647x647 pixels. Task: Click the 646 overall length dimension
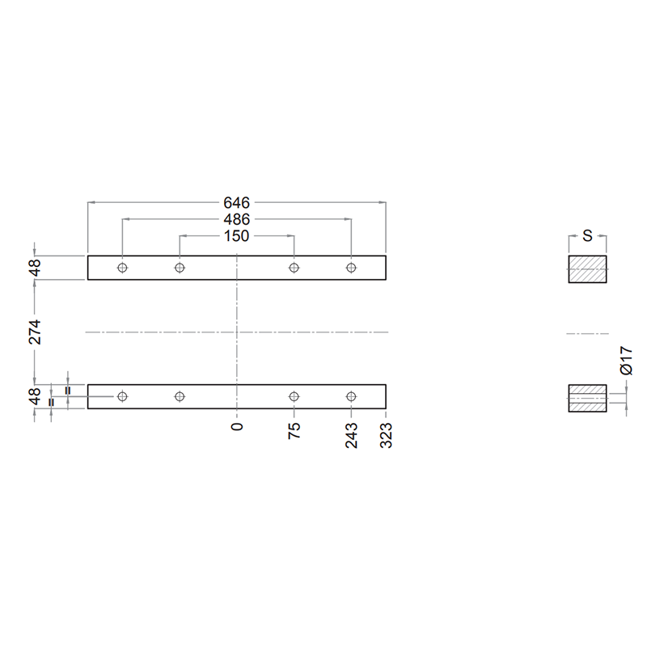(236, 203)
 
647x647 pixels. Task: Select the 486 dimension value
(236, 219)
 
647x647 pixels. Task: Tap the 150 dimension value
(236, 236)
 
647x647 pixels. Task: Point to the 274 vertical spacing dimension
(35, 332)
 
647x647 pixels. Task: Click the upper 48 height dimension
(35, 268)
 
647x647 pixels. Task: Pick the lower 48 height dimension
(35, 396)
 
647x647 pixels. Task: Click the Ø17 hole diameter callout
(626, 361)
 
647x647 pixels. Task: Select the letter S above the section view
(587, 236)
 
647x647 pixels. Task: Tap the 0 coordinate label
(237, 427)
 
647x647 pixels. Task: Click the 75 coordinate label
(294, 430)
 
